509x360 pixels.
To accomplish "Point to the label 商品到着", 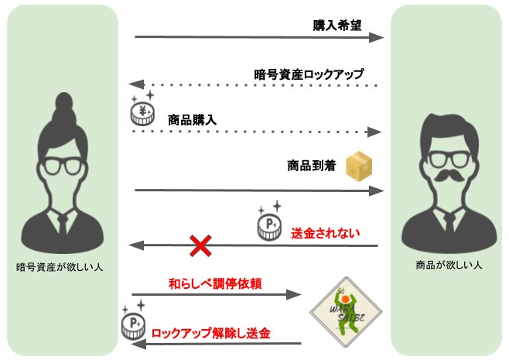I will pyautogui.click(x=310, y=166).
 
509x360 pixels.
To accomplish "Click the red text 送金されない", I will pyautogui.click(x=325, y=231).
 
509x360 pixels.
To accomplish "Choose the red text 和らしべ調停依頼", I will pyautogui.click(x=215, y=283).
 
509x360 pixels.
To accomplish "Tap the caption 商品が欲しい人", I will pyautogui.click(x=449, y=265).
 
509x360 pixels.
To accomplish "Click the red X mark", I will pyautogui.click(x=201, y=246).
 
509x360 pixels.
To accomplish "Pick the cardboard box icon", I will pyautogui.click(x=359, y=163).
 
